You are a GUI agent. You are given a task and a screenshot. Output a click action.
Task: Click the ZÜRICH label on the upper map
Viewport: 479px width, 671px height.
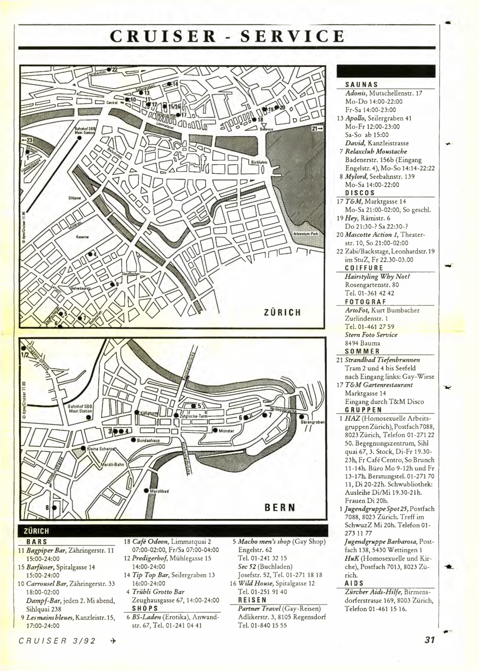click(282, 313)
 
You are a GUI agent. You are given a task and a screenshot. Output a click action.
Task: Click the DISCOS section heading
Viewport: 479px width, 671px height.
click(360, 193)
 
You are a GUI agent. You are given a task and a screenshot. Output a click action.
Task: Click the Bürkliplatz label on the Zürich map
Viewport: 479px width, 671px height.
click(258, 163)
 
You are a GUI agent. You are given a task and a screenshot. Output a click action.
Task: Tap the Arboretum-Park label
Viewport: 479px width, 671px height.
click(306, 233)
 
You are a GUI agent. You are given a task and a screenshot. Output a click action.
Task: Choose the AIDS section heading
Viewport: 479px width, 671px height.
click(354, 583)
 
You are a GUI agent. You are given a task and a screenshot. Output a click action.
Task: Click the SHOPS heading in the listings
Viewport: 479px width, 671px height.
click(145, 609)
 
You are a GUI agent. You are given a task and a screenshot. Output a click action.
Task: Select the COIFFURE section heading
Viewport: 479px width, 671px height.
click(364, 268)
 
